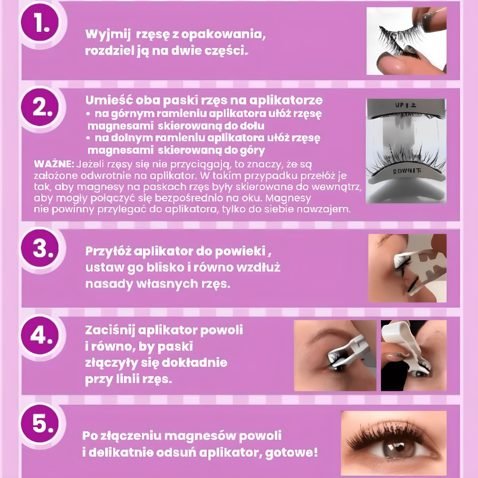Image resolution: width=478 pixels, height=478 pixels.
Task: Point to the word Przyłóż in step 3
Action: point(108,251)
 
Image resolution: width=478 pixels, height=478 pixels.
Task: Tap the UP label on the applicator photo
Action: point(406,106)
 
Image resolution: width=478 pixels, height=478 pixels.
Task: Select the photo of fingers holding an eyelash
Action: point(406,41)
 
